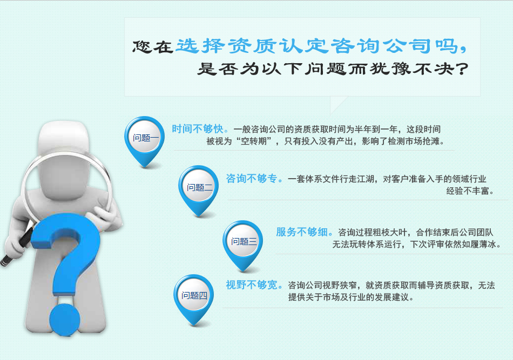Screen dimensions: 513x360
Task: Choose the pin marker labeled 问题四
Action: click(194, 299)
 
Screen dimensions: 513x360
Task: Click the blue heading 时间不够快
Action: click(198, 129)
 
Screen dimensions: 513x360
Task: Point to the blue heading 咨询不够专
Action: click(252, 179)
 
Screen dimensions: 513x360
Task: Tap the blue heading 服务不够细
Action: click(302, 232)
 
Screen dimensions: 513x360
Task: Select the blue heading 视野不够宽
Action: click(252, 285)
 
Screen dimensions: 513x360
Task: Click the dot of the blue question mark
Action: click(65, 320)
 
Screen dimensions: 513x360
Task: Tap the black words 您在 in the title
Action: click(152, 46)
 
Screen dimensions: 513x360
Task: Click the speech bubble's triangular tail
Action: click(336, 103)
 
